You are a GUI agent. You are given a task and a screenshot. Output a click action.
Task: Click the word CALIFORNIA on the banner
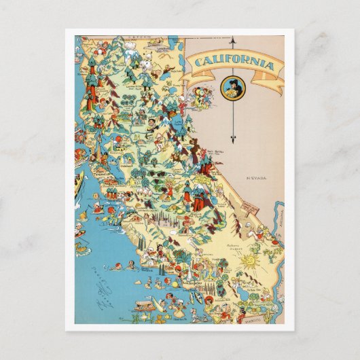pyautogui.click(x=234, y=65)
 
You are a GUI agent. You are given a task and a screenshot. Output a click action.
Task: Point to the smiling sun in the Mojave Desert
pyautogui.click(x=249, y=260)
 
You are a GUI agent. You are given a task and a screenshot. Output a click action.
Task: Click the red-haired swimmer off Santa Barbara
pyautogui.click(x=118, y=265)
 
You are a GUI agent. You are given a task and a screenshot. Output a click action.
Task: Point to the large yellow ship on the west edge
pyautogui.click(x=80, y=180)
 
